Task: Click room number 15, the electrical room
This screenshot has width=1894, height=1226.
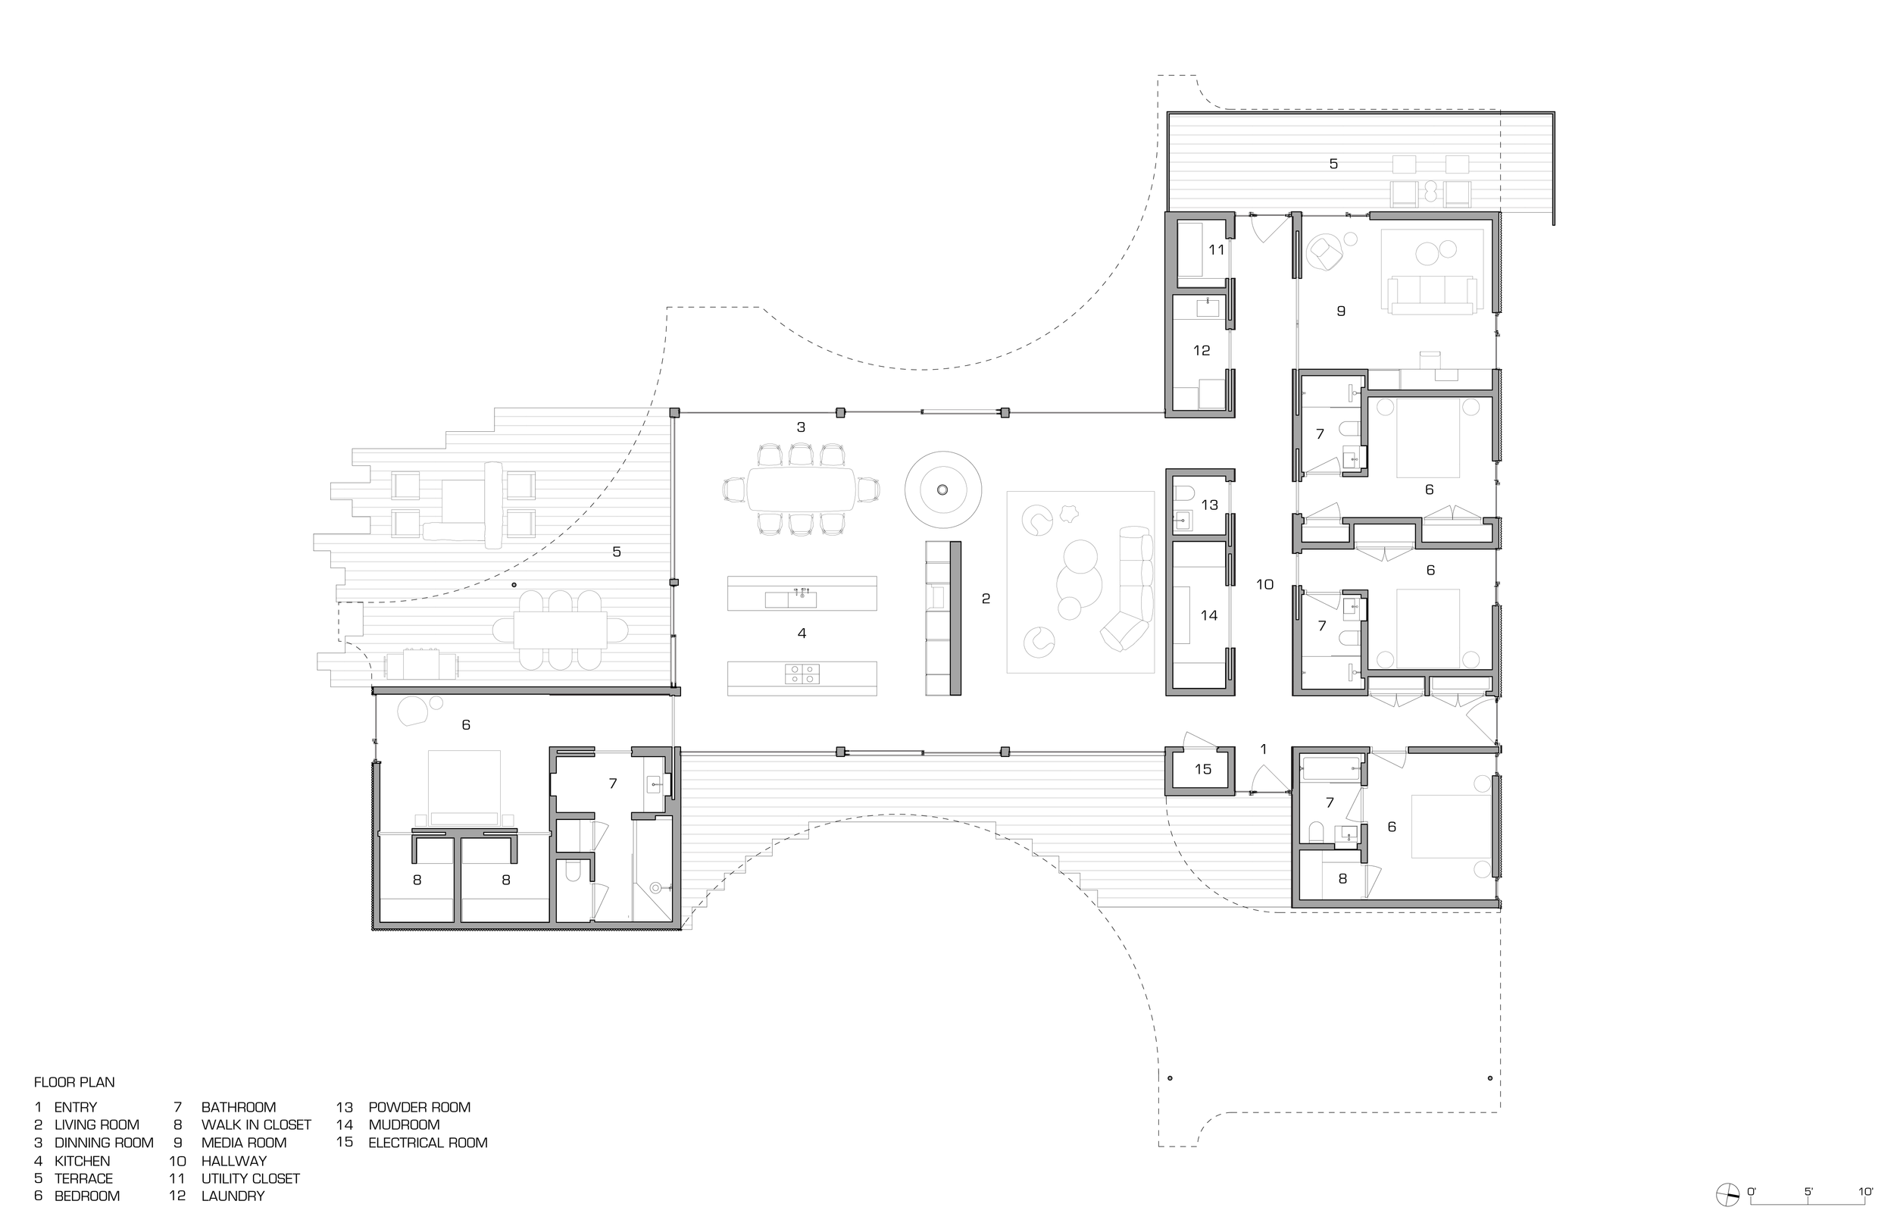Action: pos(1202,769)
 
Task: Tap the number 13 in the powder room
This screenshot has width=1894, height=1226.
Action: pos(1209,505)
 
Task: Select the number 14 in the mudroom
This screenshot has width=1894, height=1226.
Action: pos(1209,615)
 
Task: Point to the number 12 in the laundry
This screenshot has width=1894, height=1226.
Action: pos(1201,350)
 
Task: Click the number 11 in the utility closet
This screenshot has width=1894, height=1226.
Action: pos(1216,250)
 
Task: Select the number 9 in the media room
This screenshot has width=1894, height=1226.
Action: pos(1341,311)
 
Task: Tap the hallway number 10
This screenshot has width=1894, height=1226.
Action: pos(1264,585)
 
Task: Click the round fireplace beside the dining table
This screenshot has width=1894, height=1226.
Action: pos(943,489)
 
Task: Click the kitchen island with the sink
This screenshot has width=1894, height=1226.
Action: pos(802,594)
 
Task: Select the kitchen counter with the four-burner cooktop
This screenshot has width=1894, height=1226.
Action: pos(802,678)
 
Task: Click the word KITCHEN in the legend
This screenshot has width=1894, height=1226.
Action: pos(82,1161)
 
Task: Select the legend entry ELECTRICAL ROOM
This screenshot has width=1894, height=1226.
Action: pos(427,1143)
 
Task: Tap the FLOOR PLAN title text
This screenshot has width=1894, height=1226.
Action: pos(74,1082)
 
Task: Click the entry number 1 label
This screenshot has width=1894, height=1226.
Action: pos(1263,749)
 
